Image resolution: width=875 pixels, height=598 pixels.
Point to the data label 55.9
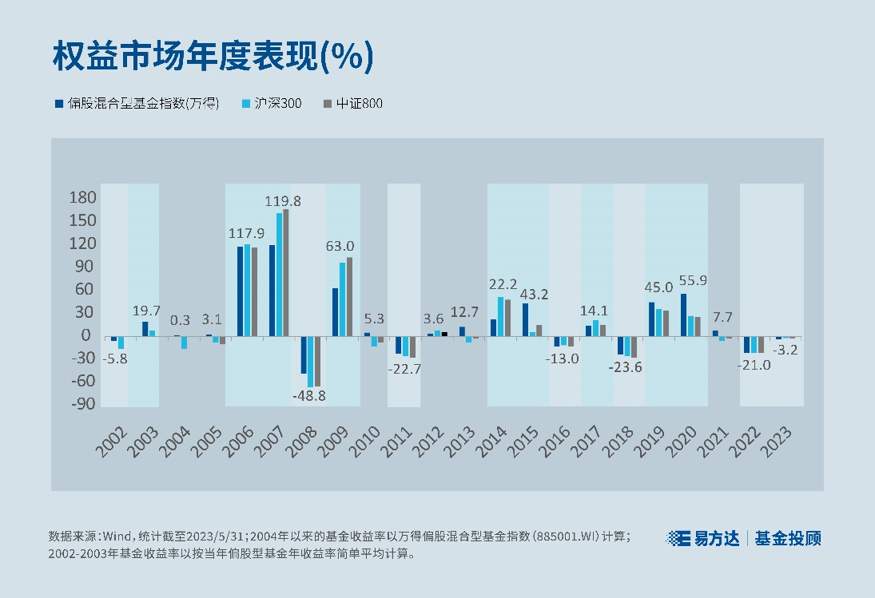pos(691,280)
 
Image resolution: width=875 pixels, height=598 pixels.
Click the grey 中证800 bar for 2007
pos(286,272)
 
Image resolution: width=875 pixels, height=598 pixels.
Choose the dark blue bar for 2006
pos(240,291)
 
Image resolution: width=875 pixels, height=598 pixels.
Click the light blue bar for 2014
pos(500,316)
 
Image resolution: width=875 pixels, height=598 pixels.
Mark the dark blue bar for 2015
pos(525,319)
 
